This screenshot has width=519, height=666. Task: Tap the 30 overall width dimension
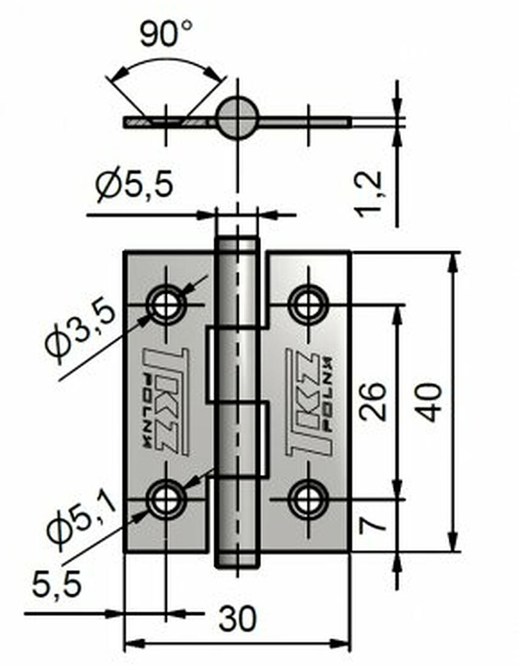237,619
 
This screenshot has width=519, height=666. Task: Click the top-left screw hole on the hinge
166,305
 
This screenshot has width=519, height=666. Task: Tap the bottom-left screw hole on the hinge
166,500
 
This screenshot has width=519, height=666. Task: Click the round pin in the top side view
237,117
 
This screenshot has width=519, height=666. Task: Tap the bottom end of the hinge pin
237,560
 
